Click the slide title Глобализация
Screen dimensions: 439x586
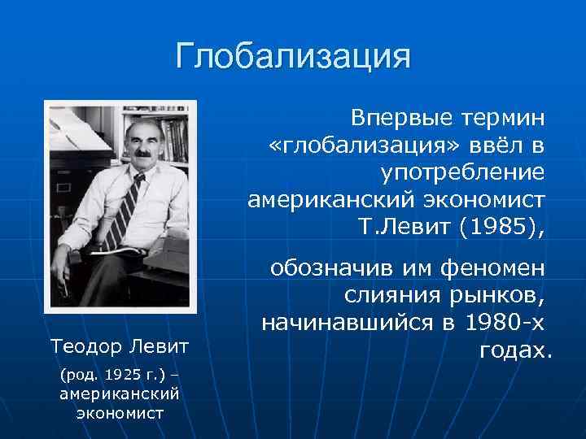point(293,58)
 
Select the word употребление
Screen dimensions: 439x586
point(462,172)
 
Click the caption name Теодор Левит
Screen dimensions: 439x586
point(119,347)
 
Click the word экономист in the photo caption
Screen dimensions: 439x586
point(119,412)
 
